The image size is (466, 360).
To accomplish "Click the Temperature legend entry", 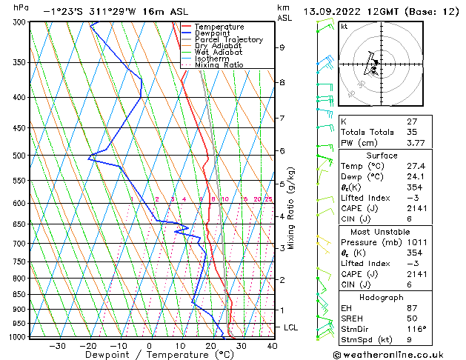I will click(x=219, y=27).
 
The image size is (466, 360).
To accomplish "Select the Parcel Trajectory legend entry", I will click(x=228, y=39).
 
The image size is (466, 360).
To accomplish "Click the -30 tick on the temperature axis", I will click(x=57, y=346).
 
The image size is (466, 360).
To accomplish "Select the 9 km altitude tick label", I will click(x=282, y=47).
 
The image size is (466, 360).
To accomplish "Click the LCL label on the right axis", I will click(x=292, y=327).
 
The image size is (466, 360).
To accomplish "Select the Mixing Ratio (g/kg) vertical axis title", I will click(x=291, y=208).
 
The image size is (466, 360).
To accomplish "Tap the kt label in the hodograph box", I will click(x=344, y=26).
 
